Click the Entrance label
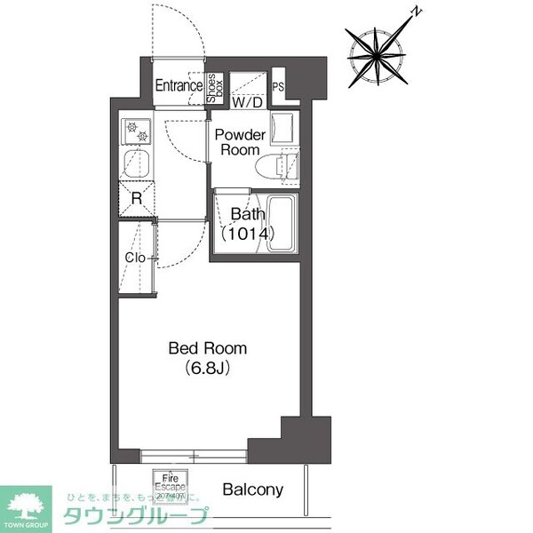(x=178, y=86)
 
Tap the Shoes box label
(x=213, y=87)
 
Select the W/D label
(x=247, y=102)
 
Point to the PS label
(x=278, y=87)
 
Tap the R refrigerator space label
(x=136, y=198)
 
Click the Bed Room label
(x=208, y=348)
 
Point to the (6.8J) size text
(x=208, y=367)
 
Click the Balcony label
(x=252, y=489)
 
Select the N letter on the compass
(x=415, y=12)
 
